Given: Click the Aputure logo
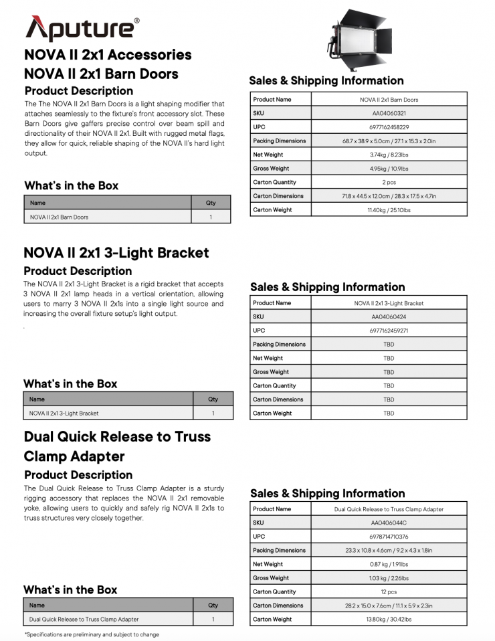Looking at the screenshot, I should tap(82, 28).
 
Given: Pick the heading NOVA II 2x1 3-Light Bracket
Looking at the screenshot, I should tap(116, 253).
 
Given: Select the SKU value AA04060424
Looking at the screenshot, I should tap(389, 316).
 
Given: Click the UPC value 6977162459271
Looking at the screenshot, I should tap(389, 331).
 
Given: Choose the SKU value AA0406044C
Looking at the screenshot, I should tap(389, 523).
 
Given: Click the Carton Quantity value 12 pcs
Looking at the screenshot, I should tap(389, 591).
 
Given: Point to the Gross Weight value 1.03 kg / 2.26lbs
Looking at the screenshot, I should tap(389, 578).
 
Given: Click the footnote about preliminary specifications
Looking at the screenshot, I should tap(92, 634).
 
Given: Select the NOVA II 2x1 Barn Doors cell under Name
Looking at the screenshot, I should tap(60, 217).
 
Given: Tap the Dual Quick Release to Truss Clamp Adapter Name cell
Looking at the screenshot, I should tap(84, 619).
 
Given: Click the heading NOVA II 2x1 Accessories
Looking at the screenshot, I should tap(108, 55).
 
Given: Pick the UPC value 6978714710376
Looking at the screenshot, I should tap(389, 537).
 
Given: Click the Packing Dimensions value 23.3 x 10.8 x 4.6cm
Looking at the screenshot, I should tap(389, 551).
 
